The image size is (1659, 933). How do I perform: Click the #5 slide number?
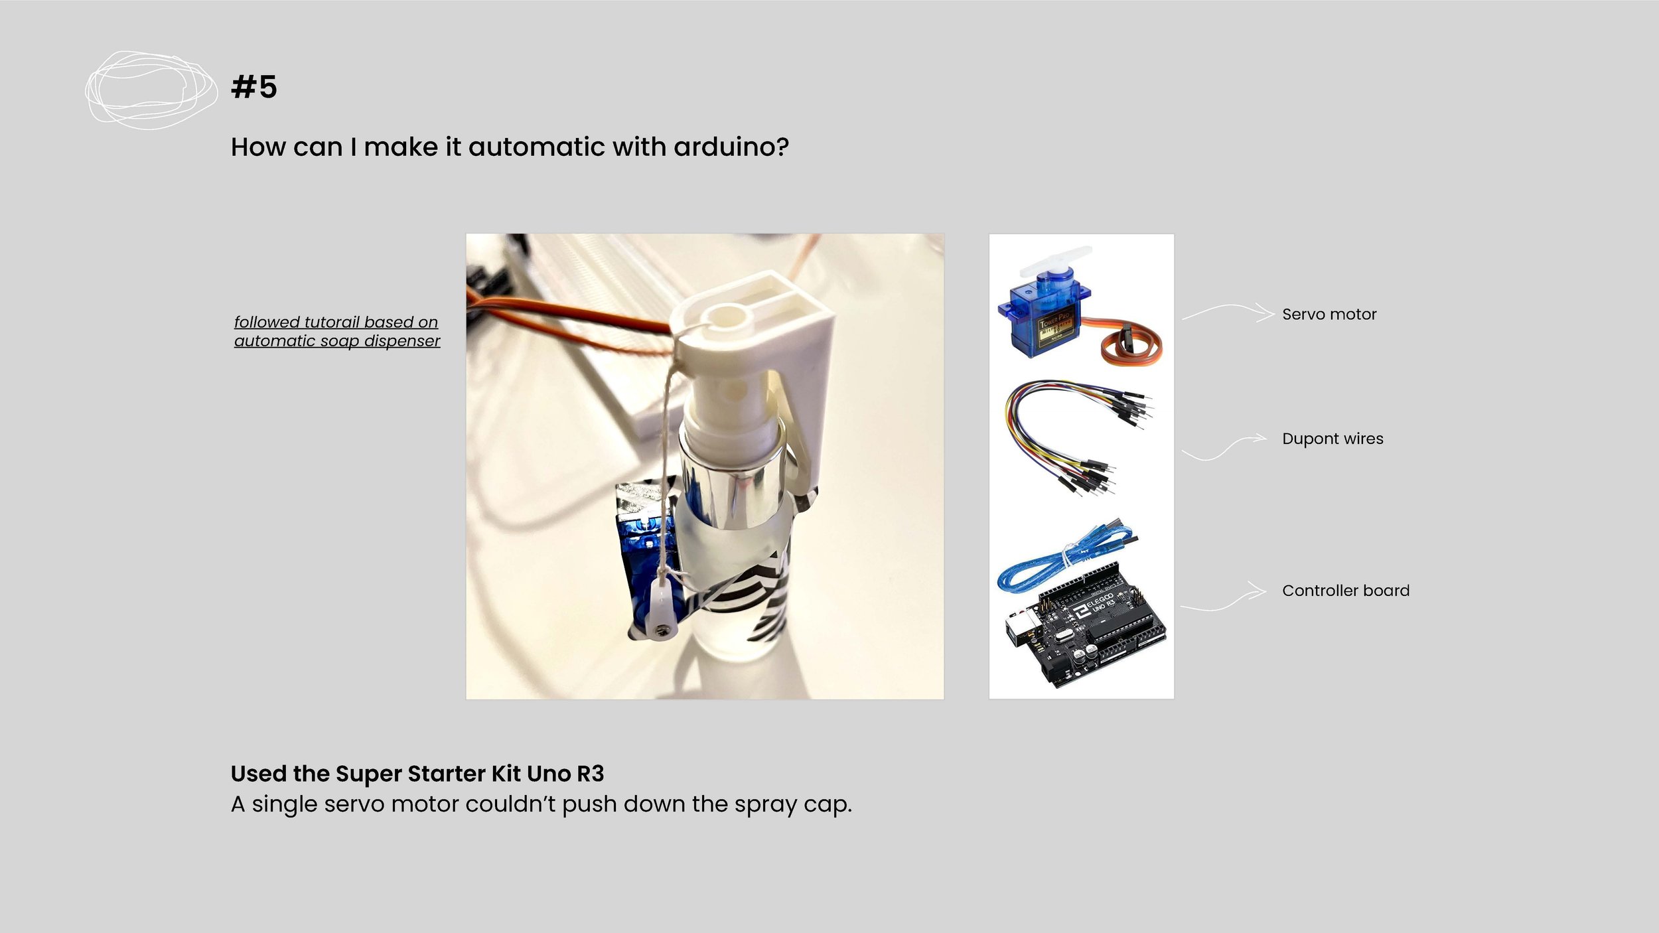(x=254, y=87)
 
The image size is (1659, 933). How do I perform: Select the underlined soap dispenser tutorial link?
(x=336, y=331)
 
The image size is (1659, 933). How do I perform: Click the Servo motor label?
(x=1329, y=315)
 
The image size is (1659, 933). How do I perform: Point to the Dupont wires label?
(x=1333, y=439)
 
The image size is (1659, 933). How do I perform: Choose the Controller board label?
(x=1346, y=591)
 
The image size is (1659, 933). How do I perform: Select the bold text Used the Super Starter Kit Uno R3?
(x=417, y=774)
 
